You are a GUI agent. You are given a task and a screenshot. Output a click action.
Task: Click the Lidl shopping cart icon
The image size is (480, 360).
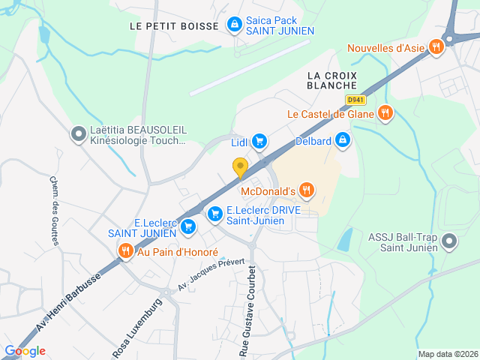coord(259,141)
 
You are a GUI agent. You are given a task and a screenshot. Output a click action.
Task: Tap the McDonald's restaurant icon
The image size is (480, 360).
coord(305,190)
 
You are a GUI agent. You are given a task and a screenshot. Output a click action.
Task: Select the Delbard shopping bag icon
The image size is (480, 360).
coord(342,139)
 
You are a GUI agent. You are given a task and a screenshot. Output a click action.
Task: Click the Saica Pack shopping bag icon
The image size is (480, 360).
coord(235,25)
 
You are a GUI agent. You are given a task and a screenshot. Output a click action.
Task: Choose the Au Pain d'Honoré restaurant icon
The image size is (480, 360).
coord(125,251)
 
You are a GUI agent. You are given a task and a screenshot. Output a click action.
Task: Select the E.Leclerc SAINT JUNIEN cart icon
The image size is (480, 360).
coord(187,225)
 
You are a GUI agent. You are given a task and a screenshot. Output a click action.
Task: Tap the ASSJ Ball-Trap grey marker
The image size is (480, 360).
coord(448,241)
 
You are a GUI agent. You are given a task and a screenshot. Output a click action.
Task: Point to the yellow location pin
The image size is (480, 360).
coord(240,167)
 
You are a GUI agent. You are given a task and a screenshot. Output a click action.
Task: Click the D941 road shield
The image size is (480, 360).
coord(355,100)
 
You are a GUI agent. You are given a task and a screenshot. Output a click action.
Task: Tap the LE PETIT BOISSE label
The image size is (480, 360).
coord(174,25)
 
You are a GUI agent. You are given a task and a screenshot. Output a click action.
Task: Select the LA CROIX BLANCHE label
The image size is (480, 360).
coord(331,80)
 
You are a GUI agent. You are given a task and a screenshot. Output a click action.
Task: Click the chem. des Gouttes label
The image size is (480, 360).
coord(57,209)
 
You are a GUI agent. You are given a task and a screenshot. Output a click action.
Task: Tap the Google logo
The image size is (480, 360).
coord(25,350)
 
